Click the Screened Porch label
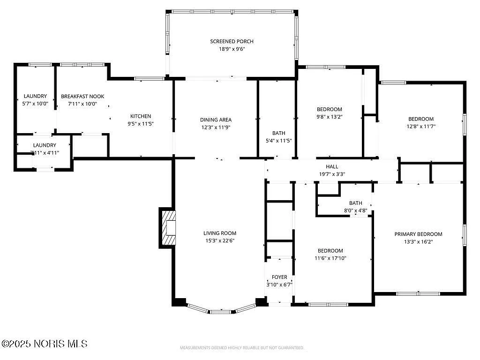tap(232, 41)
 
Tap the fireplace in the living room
tap(169, 227)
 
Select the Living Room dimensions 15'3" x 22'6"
tap(219, 241)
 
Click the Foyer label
tap(279, 277)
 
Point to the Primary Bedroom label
tap(418, 234)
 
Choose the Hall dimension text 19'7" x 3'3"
tap(332, 174)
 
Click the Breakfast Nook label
tap(82, 97)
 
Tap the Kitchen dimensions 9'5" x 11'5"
tap(141, 124)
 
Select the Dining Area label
tap(216, 120)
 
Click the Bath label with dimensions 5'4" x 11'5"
tap(278, 133)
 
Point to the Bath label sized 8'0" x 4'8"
tap(355, 203)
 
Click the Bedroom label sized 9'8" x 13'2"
tap(329, 109)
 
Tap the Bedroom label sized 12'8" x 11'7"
tap(420, 119)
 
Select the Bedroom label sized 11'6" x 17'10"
tap(330, 251)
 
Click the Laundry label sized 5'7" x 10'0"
tap(35, 97)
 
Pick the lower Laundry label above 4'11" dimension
tap(45, 145)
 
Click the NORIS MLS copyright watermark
tap(45, 344)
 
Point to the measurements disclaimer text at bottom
tap(242, 348)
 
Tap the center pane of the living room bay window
tap(219, 311)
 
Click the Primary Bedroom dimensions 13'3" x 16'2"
tap(418, 242)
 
